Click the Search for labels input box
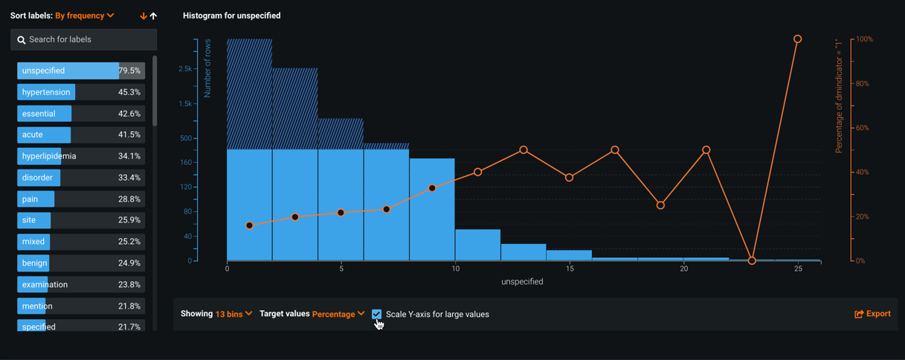point(83,39)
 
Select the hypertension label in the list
point(46,92)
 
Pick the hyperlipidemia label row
point(49,156)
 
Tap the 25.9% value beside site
point(129,220)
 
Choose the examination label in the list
point(45,284)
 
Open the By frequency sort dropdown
point(84,16)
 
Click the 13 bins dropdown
point(234,314)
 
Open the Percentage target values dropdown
point(338,314)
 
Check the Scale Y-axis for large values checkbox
point(377,314)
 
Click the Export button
point(872,314)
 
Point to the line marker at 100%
point(797,39)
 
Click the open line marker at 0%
point(752,260)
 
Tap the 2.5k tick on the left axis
point(184,69)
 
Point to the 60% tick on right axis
point(862,128)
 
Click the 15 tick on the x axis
point(570,269)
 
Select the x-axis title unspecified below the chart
point(522,282)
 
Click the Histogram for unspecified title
point(231,16)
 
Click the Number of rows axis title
point(208,68)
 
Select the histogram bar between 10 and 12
point(477,245)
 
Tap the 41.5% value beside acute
point(129,135)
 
